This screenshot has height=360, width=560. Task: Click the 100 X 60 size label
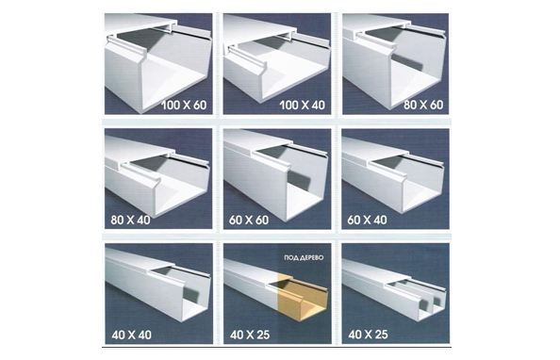pos(184,105)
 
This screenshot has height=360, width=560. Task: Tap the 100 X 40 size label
pos(302,105)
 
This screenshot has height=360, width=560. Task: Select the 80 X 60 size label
pos(423,105)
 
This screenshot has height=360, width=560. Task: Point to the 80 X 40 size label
pos(130,220)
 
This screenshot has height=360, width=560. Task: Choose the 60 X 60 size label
pos(249,220)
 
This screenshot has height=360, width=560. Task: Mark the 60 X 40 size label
pos(367,220)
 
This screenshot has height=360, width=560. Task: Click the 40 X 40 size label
pos(131,335)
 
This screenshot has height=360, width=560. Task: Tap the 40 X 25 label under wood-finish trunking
pos(250,335)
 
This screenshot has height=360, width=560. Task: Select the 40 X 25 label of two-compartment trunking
pos(368,335)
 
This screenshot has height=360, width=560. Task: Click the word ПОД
pos(290,257)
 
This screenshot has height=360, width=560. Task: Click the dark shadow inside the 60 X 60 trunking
pos(299,180)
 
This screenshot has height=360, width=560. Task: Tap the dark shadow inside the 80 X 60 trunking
pos(407,62)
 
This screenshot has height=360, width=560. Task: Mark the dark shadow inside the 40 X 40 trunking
pos(191,294)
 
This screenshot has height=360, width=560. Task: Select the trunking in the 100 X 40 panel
pos(276,59)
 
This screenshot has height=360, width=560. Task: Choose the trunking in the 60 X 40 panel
pos(393,175)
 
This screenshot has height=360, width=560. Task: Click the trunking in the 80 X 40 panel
pos(157,175)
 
